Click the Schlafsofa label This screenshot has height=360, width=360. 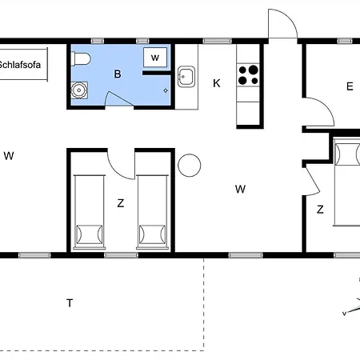click(19, 65)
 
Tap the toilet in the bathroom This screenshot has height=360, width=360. click(81, 59)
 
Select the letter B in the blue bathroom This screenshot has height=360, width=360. click(118, 74)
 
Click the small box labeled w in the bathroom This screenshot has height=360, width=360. click(155, 58)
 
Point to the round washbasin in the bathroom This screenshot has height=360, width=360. click(79, 90)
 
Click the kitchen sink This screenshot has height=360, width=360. click(186, 77)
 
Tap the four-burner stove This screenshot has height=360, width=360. click(248, 75)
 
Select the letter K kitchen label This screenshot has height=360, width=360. click(217, 83)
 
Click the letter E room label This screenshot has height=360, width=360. click(350, 86)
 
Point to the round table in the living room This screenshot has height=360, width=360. click(190, 166)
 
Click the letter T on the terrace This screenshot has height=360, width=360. click(70, 303)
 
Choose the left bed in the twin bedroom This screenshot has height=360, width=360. click(90, 212)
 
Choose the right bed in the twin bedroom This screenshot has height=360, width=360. click(153, 212)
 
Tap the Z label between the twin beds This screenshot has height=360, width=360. click(121, 203)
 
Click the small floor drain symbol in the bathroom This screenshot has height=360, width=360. click(166, 90)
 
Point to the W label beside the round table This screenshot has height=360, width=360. click(240, 190)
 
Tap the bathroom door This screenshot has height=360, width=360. click(118, 98)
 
